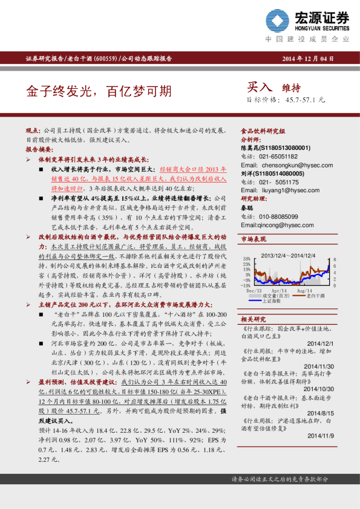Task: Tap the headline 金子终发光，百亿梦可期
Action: [x=99, y=91]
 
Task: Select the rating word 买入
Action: [x=260, y=87]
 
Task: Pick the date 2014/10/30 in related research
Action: [x=320, y=389]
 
